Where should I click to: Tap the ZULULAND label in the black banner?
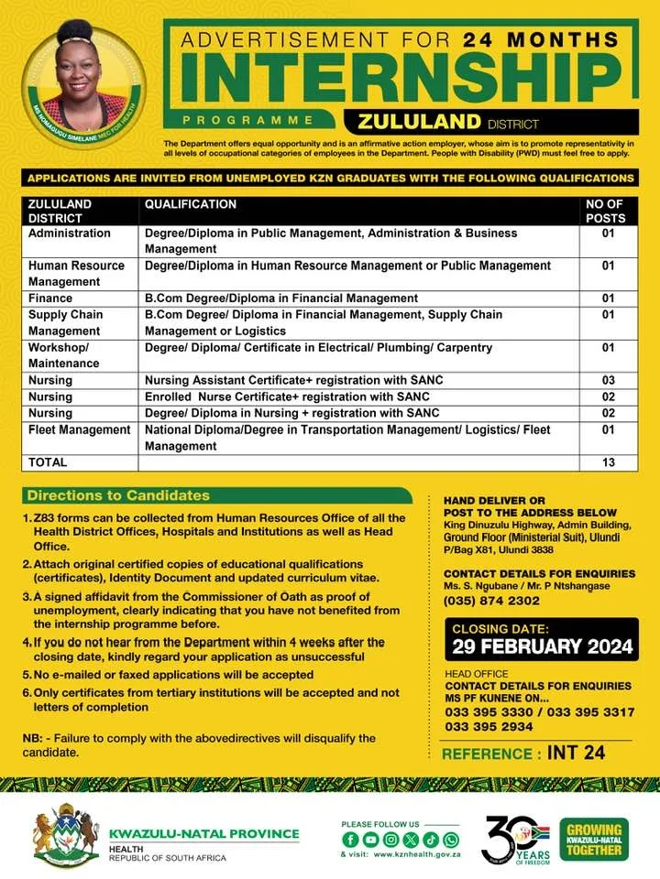pos(420,122)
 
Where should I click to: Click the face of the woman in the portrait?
pos(82,67)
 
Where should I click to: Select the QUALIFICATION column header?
pos(191,205)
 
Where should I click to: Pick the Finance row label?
pos(50,298)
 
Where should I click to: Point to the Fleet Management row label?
pos(79,429)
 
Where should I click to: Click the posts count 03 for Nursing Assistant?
pos(607,380)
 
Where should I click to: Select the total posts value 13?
pos(608,463)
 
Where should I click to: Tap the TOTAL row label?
pos(48,463)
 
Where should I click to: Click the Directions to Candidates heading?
pos(118,495)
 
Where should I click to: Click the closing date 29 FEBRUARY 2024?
pos(542,646)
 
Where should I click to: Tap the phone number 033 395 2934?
pos(491,726)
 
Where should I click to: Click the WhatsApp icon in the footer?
pos(451,840)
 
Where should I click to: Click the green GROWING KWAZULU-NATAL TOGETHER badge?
pos(595,839)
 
